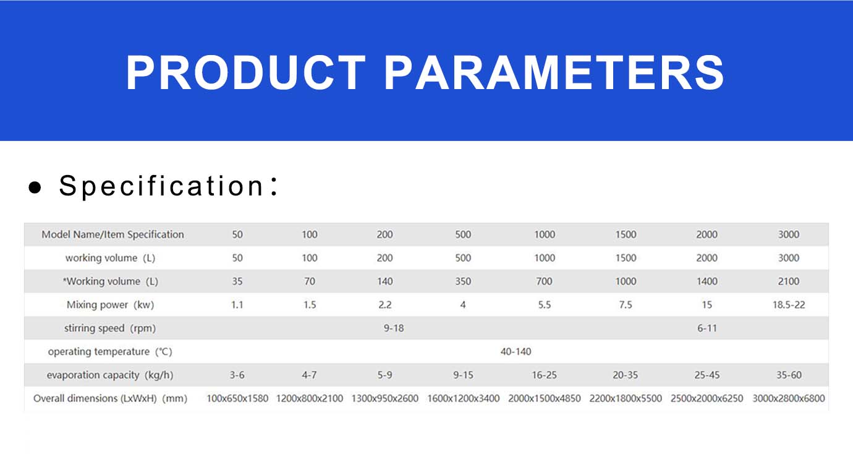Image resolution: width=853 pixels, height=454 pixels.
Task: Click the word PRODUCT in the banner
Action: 245,72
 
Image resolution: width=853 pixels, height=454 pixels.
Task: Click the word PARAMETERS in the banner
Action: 554,72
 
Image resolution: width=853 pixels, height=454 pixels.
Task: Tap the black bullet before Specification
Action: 35,187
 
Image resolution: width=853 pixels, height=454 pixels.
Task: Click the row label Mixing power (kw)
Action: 110,304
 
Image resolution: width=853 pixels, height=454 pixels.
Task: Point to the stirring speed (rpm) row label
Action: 109,328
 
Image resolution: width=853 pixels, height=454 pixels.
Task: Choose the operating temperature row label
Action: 110,351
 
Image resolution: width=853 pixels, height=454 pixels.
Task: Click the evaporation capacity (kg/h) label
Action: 109,375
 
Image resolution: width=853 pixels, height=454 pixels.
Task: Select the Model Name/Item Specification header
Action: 112,234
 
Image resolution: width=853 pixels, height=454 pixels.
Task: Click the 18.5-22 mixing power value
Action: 788,304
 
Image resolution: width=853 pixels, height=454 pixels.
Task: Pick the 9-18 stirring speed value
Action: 393,328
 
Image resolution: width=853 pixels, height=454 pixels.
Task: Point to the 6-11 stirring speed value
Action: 707,328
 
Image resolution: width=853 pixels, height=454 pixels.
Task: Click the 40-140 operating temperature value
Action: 516,351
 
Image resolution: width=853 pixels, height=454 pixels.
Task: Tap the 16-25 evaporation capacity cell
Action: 544,375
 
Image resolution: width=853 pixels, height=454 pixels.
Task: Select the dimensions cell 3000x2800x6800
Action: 788,398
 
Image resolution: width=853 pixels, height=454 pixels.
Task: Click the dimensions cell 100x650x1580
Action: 237,398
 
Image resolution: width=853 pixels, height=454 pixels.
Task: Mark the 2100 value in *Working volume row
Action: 788,281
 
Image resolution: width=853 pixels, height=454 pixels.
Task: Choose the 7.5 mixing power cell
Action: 626,304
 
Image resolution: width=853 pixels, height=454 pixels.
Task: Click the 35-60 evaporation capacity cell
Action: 789,375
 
